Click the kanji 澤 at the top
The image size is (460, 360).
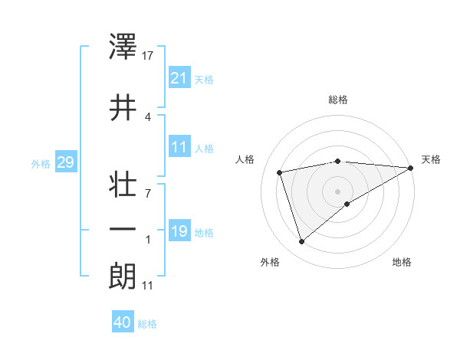click(123, 47)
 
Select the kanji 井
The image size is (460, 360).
click(123, 107)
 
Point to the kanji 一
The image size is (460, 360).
click(123, 229)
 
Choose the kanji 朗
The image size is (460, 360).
click(123, 275)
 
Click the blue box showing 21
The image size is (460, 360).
click(179, 77)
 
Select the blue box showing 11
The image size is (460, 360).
click(179, 146)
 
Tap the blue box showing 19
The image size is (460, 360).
click(179, 231)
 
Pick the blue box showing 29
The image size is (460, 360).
click(65, 162)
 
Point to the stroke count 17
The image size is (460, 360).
click(149, 56)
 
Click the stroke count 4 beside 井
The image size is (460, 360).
click(148, 116)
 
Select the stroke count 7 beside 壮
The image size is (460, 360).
click(148, 193)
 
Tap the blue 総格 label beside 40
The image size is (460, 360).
click(147, 324)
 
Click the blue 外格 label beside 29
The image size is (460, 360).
click(41, 163)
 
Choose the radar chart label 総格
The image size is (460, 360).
click(338, 100)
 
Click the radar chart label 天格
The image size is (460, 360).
click(431, 159)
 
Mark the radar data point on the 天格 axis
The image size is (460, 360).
click(411, 167)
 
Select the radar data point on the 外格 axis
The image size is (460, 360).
click(302, 242)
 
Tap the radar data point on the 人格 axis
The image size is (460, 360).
click(280, 172)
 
